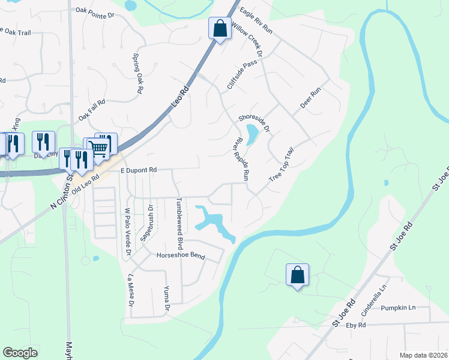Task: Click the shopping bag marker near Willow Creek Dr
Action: click(x=220, y=28)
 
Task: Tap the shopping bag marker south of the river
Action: click(x=297, y=275)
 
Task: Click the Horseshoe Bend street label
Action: click(x=181, y=256)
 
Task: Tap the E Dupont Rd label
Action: click(x=138, y=170)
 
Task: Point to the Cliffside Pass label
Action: click(x=242, y=75)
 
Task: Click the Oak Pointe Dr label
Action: click(x=95, y=11)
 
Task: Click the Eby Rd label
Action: click(x=356, y=325)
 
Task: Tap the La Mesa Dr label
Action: click(x=131, y=290)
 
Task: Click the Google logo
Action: click(x=20, y=353)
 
